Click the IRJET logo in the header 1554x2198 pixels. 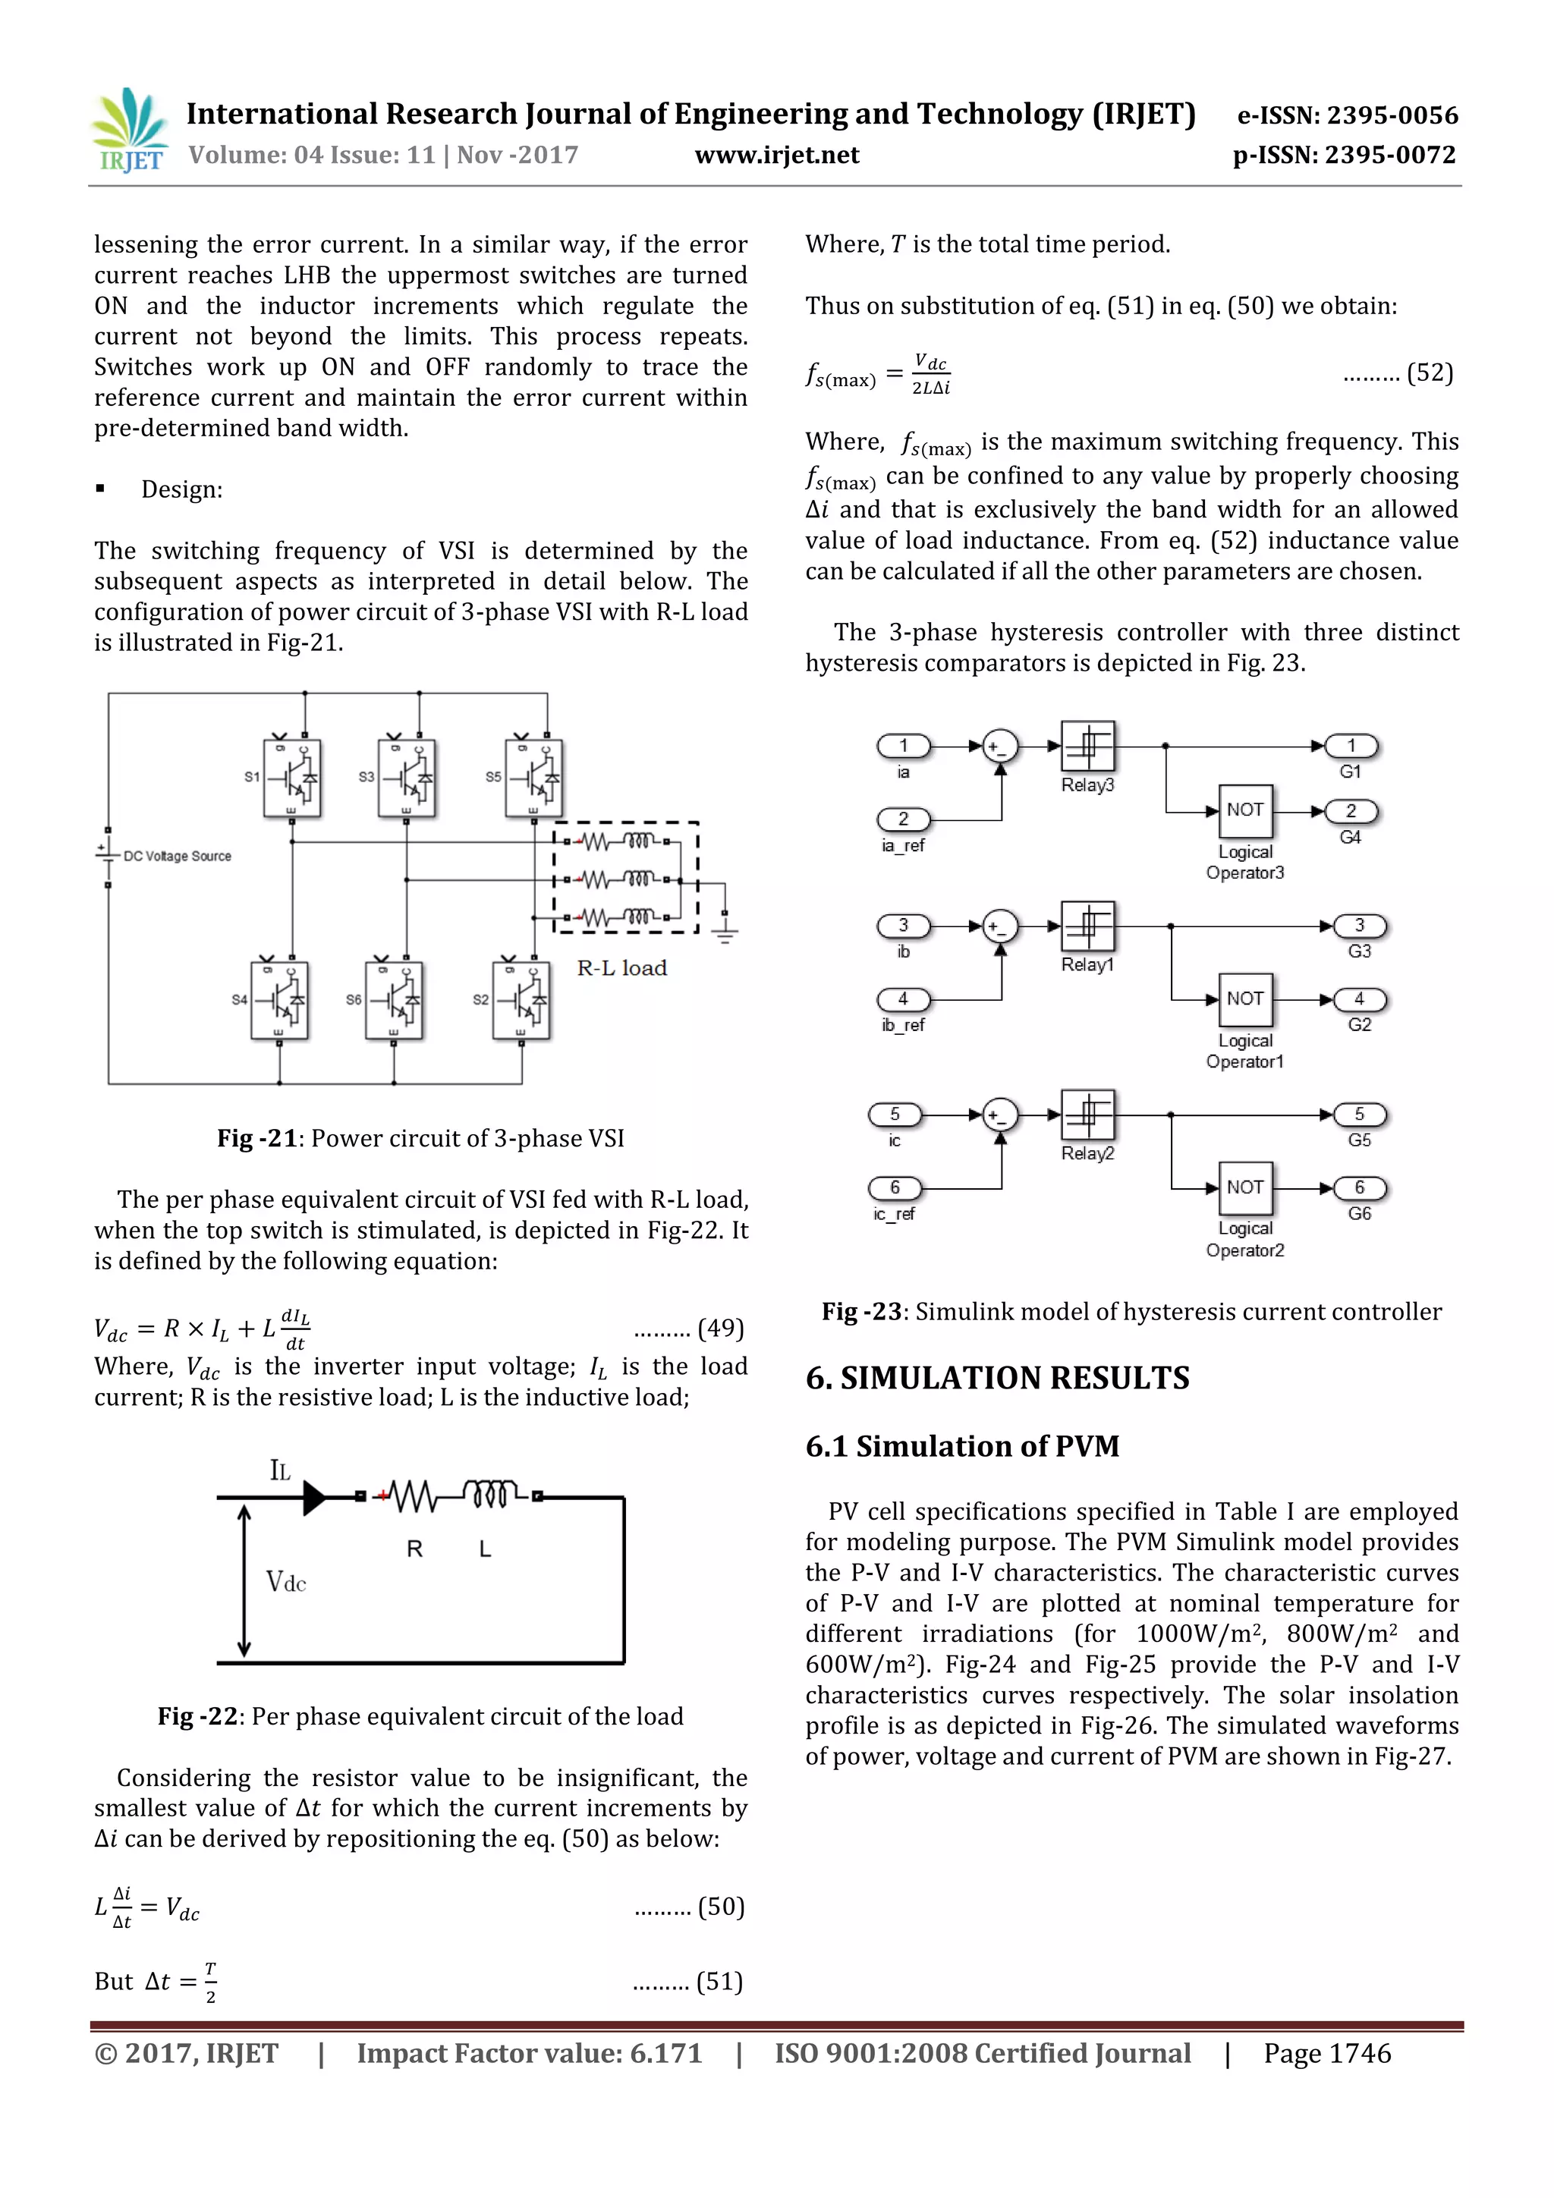click(128, 131)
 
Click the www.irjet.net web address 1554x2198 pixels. click(776, 155)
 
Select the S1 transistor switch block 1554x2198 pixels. click(292, 778)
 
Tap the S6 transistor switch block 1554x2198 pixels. click(394, 1001)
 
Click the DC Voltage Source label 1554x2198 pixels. click(177, 856)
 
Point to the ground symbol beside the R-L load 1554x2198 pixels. click(725, 930)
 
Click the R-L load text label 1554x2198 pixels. click(621, 968)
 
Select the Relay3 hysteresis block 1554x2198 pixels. click(1087, 747)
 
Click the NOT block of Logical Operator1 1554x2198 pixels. click(1244, 998)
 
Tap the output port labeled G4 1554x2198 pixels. click(1351, 812)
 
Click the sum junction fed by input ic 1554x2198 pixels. click(1001, 1115)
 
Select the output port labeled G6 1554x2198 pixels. click(1360, 1188)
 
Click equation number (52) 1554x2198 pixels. click(1430, 373)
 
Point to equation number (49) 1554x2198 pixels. click(720, 1328)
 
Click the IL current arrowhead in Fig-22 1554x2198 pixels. click(314, 1497)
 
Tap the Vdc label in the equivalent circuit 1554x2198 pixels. click(285, 1581)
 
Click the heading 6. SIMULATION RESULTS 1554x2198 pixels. click(997, 1378)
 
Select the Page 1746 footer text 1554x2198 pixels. click(1326, 2052)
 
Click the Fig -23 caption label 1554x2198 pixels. click(860, 1312)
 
